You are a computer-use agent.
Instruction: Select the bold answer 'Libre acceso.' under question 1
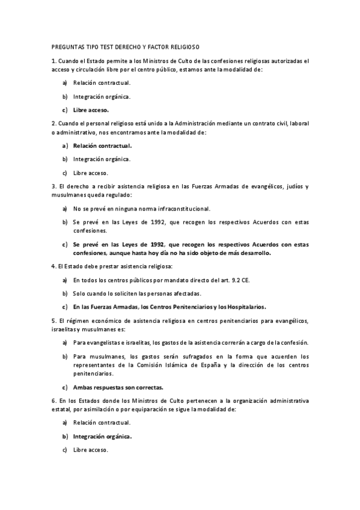coord(91,110)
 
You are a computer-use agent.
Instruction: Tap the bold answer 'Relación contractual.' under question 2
coord(102,145)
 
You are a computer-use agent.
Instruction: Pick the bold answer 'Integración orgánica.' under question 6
coord(102,436)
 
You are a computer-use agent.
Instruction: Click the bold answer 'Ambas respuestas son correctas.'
coord(118,387)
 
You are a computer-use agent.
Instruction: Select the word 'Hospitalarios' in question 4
coord(245,306)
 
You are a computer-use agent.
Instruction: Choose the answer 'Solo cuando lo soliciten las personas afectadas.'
coord(137,293)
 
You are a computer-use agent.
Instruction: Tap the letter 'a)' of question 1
coord(64,82)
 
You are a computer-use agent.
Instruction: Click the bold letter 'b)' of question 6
coord(64,436)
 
